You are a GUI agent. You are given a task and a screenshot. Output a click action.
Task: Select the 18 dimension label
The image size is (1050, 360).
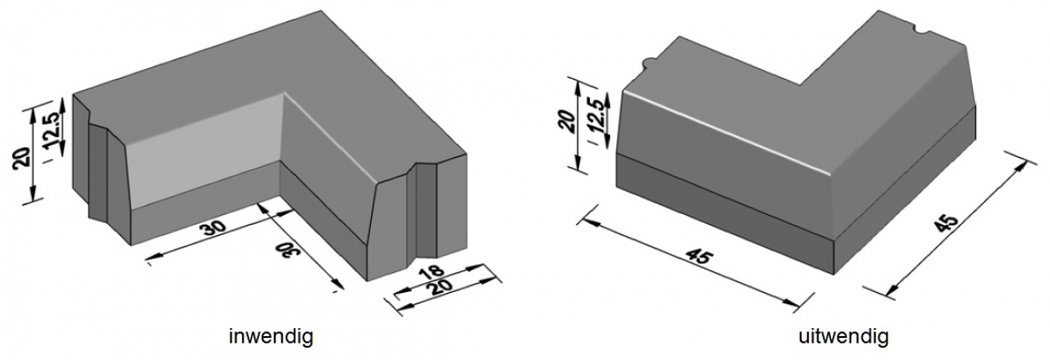[431, 272]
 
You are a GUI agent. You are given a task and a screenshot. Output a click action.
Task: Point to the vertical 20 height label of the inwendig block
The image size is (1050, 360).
[22, 157]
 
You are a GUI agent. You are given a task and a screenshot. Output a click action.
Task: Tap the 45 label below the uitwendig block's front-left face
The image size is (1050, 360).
[700, 257]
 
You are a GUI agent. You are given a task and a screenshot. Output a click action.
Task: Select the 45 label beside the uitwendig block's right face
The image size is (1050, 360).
[946, 224]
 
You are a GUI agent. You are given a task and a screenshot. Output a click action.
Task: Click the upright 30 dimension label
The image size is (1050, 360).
[213, 228]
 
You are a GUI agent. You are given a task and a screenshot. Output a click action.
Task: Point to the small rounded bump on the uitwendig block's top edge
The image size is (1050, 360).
[648, 62]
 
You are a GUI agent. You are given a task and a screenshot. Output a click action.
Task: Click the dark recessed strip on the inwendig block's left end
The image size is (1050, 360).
[98, 173]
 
